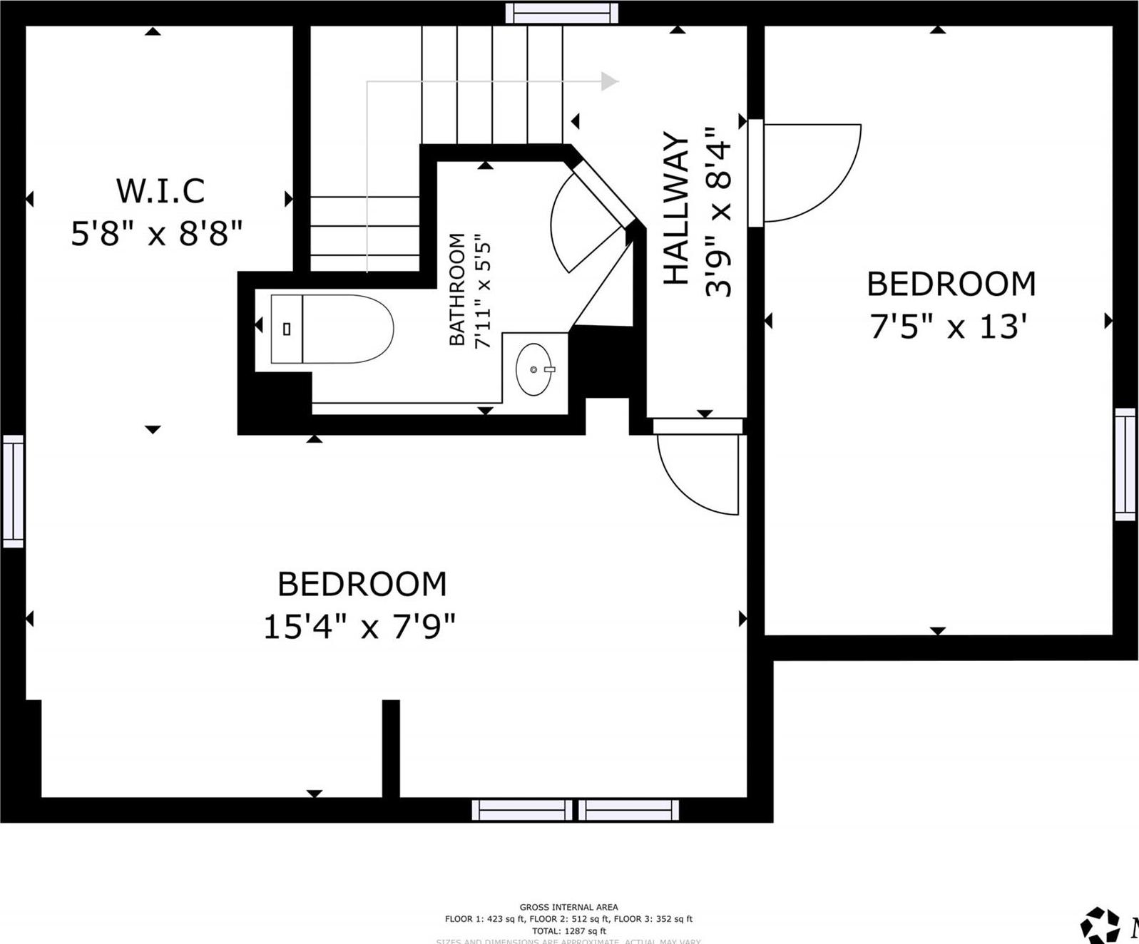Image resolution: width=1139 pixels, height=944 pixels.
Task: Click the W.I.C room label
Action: tap(160, 190)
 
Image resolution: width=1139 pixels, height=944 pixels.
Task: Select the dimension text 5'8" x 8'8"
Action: tap(157, 232)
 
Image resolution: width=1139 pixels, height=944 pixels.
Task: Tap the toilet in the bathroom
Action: tap(332, 329)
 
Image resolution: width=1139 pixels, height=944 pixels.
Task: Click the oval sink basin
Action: tap(534, 369)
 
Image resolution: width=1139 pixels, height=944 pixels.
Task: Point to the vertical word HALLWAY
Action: tap(676, 208)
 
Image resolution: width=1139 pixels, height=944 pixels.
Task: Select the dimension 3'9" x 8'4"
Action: tap(718, 212)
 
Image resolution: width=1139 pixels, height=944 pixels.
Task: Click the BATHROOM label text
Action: tap(456, 289)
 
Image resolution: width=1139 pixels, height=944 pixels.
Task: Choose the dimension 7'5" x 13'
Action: tap(948, 327)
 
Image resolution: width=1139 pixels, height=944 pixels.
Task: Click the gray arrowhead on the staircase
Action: tap(608, 81)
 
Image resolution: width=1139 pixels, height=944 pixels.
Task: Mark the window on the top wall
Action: tap(561, 13)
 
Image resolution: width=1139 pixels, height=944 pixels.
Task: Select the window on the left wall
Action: tap(13, 491)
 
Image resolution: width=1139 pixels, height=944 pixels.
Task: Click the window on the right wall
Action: tap(1125, 464)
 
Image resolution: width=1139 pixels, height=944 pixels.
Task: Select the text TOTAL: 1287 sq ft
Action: tap(568, 930)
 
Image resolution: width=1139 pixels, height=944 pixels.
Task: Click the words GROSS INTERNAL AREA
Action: tap(568, 907)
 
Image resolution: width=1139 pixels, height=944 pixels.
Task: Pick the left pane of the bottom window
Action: tap(521, 810)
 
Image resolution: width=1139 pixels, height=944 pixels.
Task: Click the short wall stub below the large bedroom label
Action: tap(391, 749)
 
